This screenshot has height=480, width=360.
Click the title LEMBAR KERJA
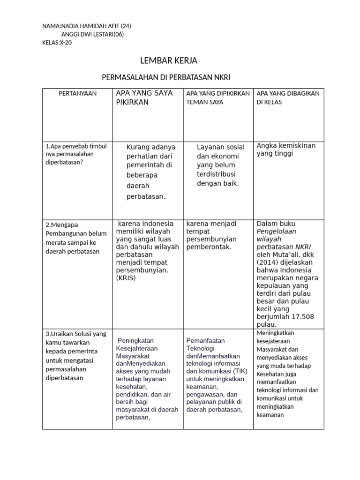coord(169,61)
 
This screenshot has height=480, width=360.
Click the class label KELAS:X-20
coord(57,43)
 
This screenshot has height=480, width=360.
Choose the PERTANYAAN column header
coord(77,93)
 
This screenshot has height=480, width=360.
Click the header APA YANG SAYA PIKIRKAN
coord(144,97)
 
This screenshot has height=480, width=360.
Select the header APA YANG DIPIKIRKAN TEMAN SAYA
coord(218,97)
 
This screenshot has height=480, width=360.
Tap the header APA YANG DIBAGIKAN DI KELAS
coord(288,97)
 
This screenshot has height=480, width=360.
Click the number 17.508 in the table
coord(301,317)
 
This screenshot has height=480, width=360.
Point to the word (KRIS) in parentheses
coord(126,278)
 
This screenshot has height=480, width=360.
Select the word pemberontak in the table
coord(209,247)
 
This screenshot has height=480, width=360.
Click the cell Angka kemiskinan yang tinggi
coord(286,150)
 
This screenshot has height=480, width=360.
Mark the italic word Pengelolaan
coord(277,231)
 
